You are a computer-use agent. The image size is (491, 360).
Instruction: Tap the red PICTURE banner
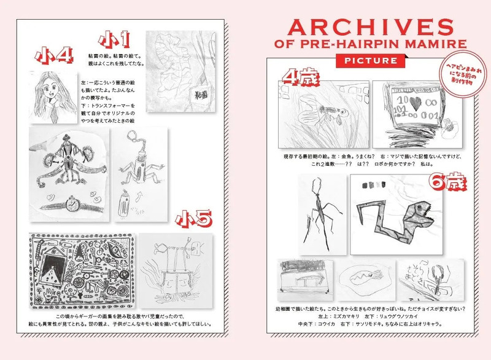(370, 61)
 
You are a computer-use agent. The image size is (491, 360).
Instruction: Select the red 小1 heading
(117, 41)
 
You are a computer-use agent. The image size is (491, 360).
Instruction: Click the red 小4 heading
(54, 56)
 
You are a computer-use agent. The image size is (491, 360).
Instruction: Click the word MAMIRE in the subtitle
(439, 45)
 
